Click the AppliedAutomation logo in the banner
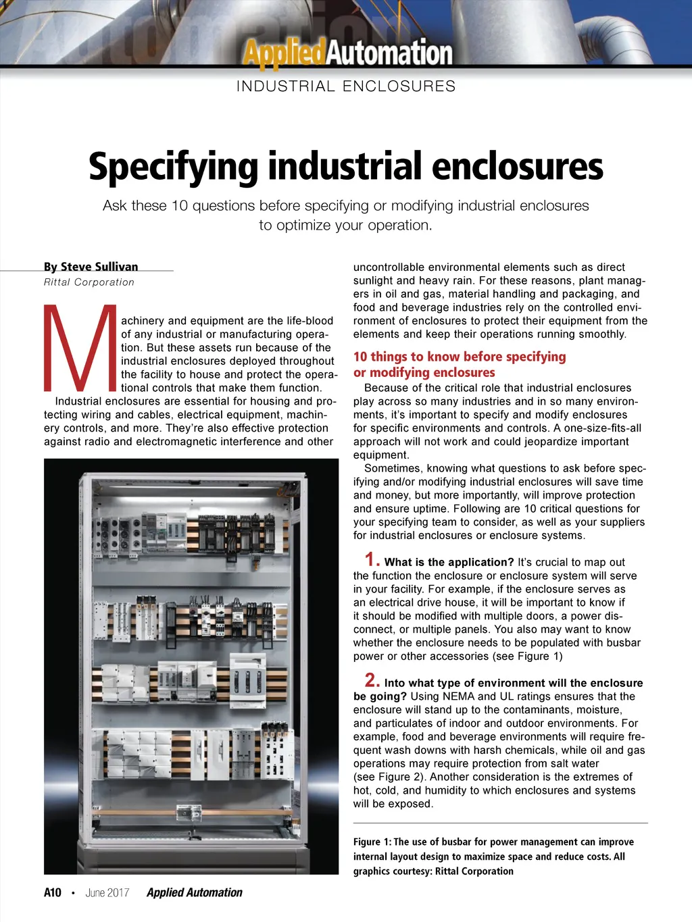point(348,53)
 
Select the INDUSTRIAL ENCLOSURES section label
point(346,86)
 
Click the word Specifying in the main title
point(173,167)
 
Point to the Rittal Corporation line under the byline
point(89,282)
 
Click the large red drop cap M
point(80,349)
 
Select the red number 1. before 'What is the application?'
point(372,559)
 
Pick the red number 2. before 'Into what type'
point(372,680)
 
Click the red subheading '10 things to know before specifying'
point(460,357)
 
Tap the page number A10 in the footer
point(53,892)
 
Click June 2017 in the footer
point(107,892)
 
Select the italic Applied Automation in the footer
point(194,892)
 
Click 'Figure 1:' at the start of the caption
point(372,842)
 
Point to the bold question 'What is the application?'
point(449,562)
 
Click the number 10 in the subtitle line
point(179,205)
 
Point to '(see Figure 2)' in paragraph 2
point(389,777)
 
